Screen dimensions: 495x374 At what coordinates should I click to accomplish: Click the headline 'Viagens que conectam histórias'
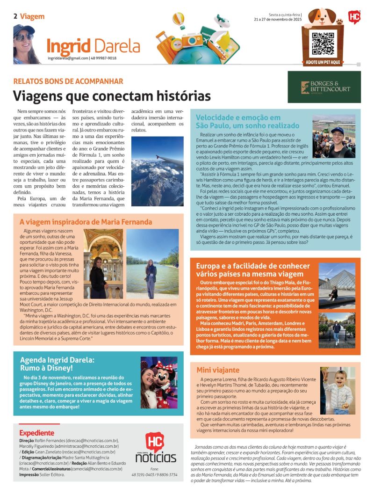[x=112, y=95]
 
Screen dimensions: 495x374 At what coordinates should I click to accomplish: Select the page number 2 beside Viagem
[x=15, y=16]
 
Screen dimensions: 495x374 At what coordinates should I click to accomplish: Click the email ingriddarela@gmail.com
[x=68, y=58]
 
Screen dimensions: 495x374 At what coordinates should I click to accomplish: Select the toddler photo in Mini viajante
[x=338, y=390]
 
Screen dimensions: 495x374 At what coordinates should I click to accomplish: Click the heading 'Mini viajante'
[x=218, y=370]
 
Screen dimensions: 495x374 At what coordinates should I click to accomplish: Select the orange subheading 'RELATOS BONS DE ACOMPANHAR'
[x=68, y=81]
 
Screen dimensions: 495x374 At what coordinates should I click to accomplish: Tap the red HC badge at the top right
[x=355, y=18]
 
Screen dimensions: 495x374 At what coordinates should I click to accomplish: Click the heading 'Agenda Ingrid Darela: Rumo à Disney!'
[x=57, y=364]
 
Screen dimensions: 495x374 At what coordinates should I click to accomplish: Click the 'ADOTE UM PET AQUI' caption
[x=323, y=62]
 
